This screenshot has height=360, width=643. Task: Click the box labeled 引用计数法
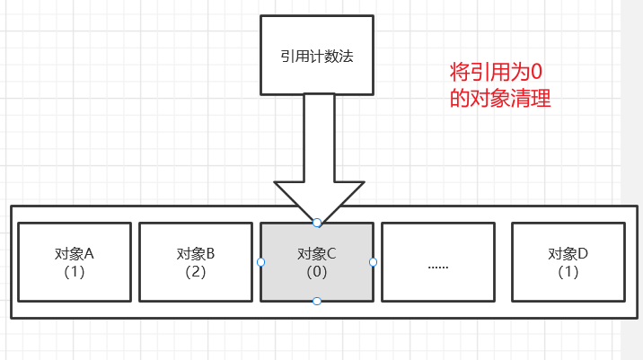pyautogui.click(x=316, y=55)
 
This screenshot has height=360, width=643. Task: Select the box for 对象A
pyautogui.click(x=75, y=261)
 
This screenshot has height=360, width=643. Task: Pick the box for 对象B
pyautogui.click(x=195, y=261)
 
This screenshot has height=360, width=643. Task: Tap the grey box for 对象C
pyautogui.click(x=316, y=261)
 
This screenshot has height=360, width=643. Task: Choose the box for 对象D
pyautogui.click(x=568, y=261)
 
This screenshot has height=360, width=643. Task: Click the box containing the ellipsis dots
pyautogui.click(x=438, y=261)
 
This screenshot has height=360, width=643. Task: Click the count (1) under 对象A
pyautogui.click(x=75, y=271)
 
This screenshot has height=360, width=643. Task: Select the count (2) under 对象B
pyautogui.click(x=195, y=271)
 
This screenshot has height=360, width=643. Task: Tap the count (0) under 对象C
pyautogui.click(x=316, y=271)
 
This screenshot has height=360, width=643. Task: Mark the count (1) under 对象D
pyautogui.click(x=568, y=271)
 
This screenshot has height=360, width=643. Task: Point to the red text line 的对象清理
pyautogui.click(x=499, y=99)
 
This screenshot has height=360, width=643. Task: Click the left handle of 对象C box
pyautogui.click(x=260, y=262)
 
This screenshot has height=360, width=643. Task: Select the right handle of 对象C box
pyautogui.click(x=373, y=262)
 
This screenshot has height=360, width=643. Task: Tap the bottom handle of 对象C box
pyautogui.click(x=317, y=302)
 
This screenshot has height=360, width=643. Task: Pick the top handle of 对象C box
pyautogui.click(x=317, y=222)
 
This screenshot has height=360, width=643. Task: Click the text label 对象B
pyautogui.click(x=195, y=253)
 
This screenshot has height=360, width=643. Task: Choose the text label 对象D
pyautogui.click(x=568, y=253)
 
